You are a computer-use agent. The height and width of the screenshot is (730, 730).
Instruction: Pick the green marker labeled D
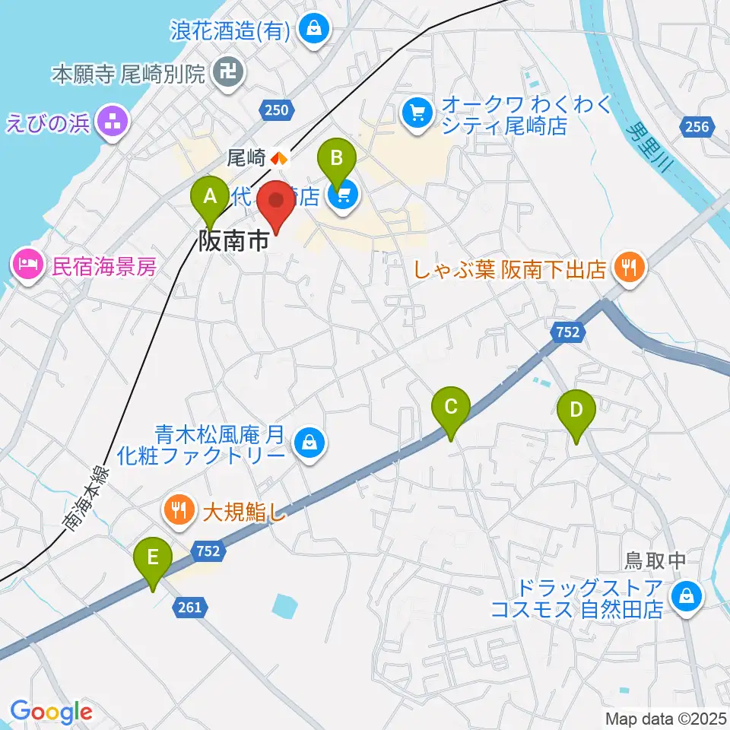576,411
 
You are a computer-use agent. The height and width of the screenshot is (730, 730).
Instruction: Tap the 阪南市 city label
233,243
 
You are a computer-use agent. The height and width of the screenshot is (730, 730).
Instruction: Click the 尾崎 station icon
279,158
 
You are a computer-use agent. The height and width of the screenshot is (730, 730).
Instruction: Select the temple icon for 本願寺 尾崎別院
228,73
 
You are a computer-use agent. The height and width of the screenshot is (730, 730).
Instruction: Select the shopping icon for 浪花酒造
313,30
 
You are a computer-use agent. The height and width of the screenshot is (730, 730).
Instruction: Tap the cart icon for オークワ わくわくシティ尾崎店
417,113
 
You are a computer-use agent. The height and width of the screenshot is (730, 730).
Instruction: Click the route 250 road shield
278,111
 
